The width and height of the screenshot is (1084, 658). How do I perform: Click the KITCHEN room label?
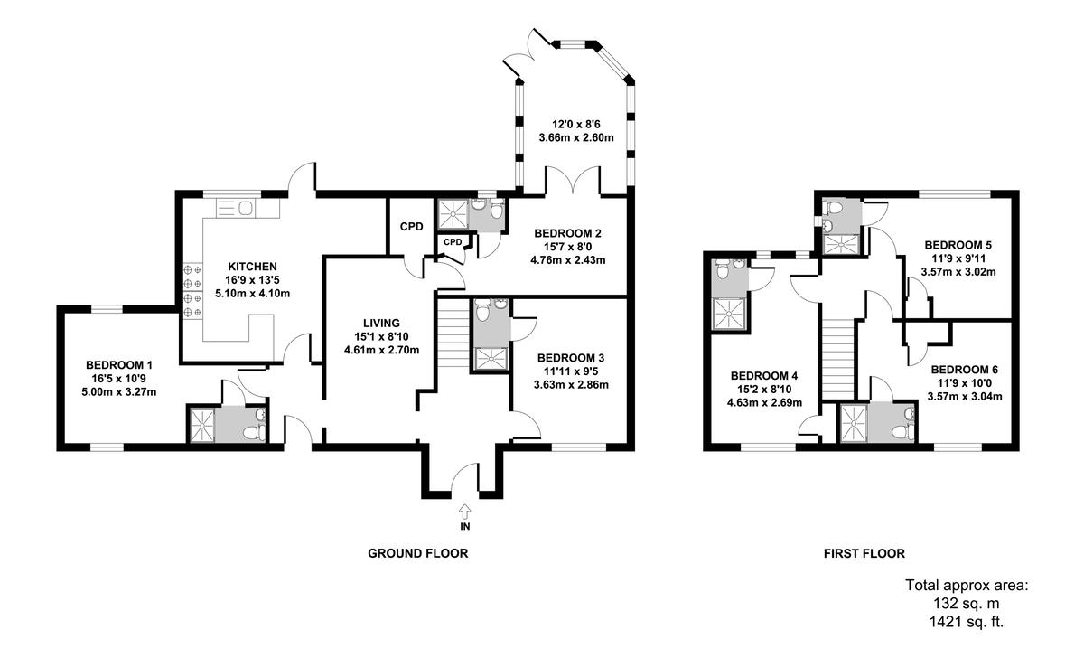point(252,267)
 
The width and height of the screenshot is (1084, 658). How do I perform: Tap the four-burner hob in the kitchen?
point(192,290)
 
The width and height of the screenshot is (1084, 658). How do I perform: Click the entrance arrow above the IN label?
point(464,512)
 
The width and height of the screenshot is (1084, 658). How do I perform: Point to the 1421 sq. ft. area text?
point(967,621)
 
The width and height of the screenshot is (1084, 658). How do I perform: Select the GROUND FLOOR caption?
point(417,553)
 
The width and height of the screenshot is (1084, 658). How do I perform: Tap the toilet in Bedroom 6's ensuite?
point(906,424)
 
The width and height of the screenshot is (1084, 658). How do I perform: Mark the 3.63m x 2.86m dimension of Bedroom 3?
point(572,384)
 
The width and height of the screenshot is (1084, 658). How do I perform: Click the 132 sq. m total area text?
point(966,604)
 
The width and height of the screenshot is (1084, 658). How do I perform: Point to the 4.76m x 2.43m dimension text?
point(566,259)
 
